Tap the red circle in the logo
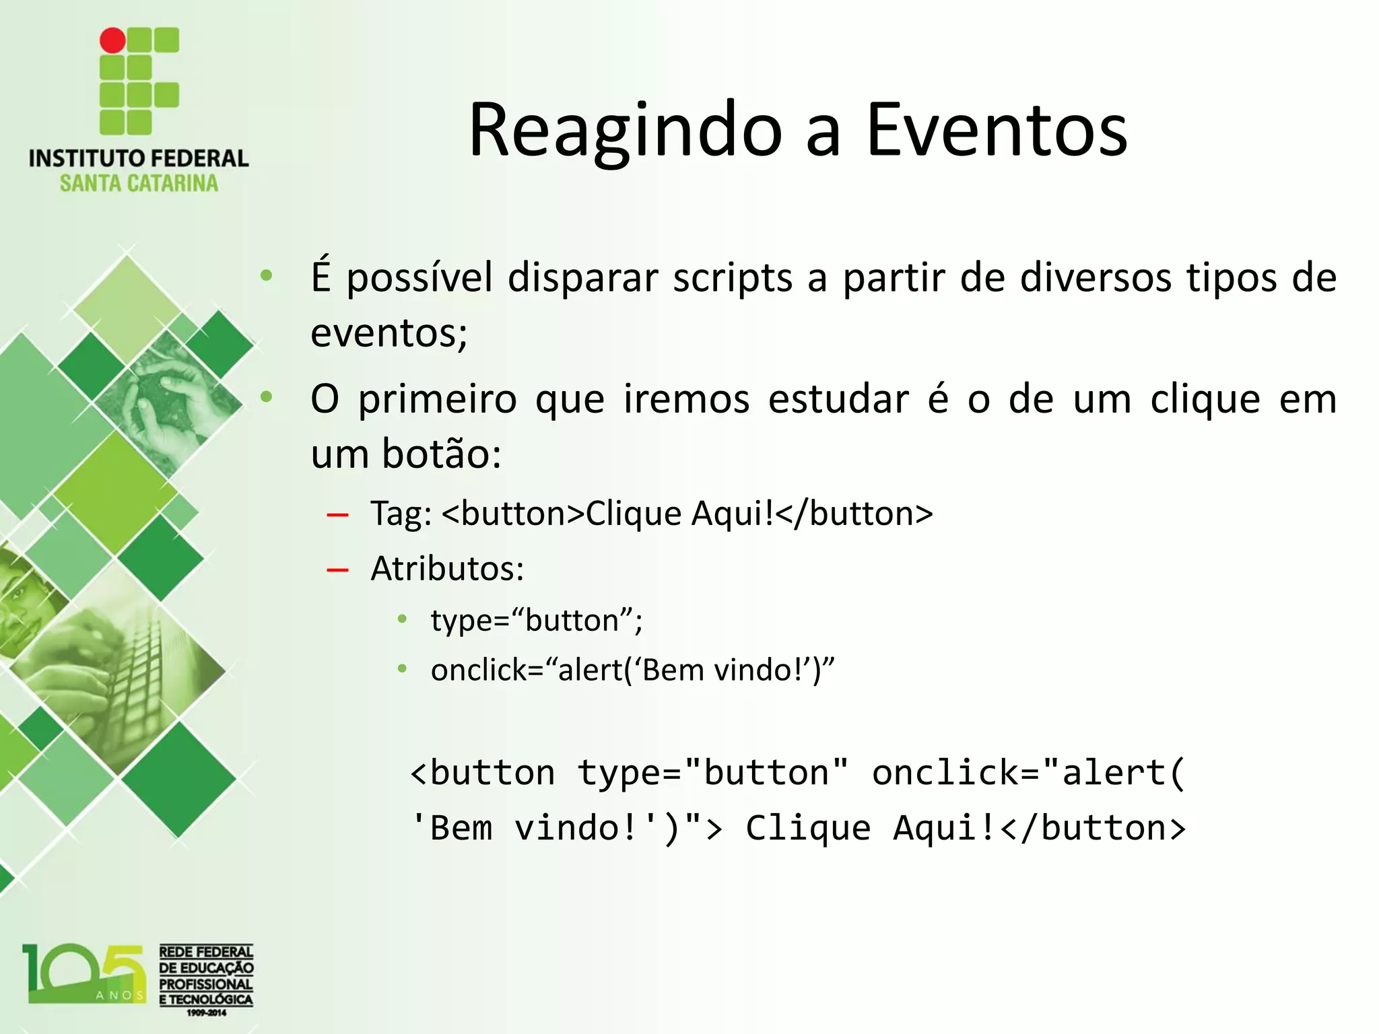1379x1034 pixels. pyautogui.click(x=112, y=40)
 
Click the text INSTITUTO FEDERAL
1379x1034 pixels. pyautogui.click(x=139, y=159)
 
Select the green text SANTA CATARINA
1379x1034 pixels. pyautogui.click(x=139, y=183)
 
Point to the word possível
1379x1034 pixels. pyautogui.click(x=419, y=277)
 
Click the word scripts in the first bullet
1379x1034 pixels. pyautogui.click(x=733, y=277)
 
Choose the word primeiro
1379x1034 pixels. pyautogui.click(x=437, y=399)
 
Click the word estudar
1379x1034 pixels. pyautogui.click(x=838, y=399)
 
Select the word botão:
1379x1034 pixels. pyautogui.click(x=441, y=454)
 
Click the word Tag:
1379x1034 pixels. pyautogui.click(x=401, y=514)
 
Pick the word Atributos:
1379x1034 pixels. pyautogui.click(x=447, y=569)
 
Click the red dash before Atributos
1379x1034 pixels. pyautogui.click(x=337, y=571)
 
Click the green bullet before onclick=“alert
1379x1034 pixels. pyautogui.click(x=402, y=669)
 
